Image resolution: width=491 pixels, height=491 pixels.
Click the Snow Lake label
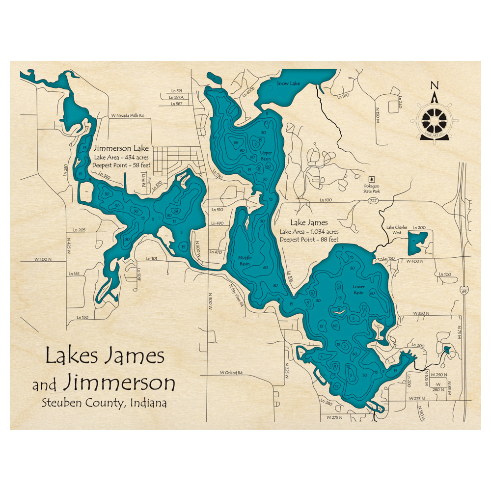point(288,83)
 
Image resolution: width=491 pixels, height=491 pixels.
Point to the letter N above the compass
point(434,85)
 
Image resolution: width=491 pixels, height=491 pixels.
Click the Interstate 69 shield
point(464,291)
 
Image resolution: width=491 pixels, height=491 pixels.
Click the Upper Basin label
point(266,156)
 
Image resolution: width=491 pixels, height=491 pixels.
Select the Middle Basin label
point(245,260)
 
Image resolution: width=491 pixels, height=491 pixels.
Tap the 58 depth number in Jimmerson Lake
point(175,212)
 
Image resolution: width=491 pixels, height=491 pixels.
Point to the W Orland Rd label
point(231,372)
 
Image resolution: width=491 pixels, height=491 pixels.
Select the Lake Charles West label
point(396,229)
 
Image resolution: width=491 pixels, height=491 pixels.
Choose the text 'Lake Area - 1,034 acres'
point(309,231)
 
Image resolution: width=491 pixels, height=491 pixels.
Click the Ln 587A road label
point(176,97)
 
